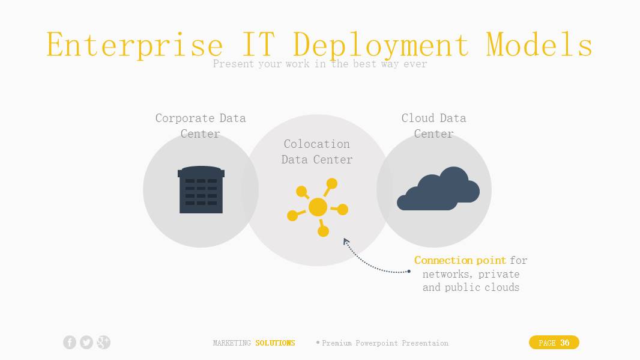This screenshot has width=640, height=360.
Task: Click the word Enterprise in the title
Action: pyautogui.click(x=134, y=45)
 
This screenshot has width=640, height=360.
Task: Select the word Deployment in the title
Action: pyautogui.click(x=381, y=45)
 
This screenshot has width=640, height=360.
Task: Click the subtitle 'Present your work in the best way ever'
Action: pyautogui.click(x=319, y=64)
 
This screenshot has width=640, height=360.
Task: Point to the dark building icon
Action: pyautogui.click(x=201, y=189)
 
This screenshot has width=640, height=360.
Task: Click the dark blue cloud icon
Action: pyautogui.click(x=438, y=188)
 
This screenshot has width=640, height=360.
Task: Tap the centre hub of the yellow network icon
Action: pyautogui.click(x=318, y=207)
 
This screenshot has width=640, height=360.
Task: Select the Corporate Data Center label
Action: pyautogui.click(x=201, y=126)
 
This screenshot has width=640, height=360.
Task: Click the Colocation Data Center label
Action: pyautogui.click(x=317, y=151)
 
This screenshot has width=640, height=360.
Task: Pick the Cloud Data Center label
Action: pyautogui.click(x=434, y=126)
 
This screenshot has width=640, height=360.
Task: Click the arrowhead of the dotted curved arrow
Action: pyautogui.click(x=346, y=241)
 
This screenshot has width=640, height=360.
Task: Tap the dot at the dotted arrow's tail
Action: pyautogui.click(x=409, y=271)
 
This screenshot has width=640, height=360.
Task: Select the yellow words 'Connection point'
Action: pyautogui.click(x=460, y=260)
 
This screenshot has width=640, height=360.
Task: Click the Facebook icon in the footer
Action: pyautogui.click(x=70, y=343)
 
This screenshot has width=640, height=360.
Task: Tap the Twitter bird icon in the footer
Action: pyautogui.click(x=86, y=343)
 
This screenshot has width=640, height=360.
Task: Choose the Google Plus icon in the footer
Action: pyautogui.click(x=104, y=343)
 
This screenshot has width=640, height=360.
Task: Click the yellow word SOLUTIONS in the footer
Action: pyautogui.click(x=275, y=343)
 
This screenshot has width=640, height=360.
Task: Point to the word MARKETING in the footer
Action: pyautogui.click(x=232, y=343)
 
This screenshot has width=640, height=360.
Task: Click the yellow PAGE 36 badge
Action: pyautogui.click(x=554, y=343)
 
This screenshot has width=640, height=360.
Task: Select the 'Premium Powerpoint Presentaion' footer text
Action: pyautogui.click(x=385, y=343)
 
